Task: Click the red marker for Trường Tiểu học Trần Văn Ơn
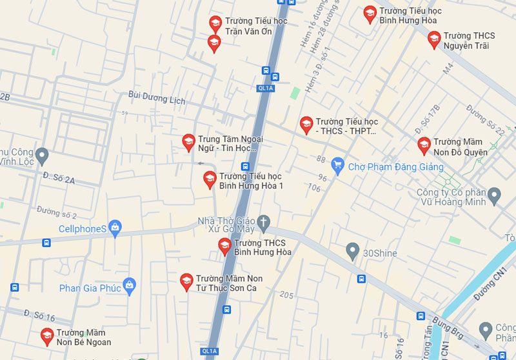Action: tap(215, 24)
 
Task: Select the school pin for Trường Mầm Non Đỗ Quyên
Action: tap(424, 145)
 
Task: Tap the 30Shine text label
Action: tap(380, 253)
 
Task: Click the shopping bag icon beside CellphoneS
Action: tap(115, 227)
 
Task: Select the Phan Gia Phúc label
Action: tap(90, 288)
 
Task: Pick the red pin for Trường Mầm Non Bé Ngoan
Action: tap(47, 335)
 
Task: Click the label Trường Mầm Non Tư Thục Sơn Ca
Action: tap(229, 283)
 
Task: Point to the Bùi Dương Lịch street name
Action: tap(157, 98)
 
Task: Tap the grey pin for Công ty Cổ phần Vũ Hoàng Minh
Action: tap(495, 194)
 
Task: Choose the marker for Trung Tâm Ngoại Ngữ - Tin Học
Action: tap(188, 142)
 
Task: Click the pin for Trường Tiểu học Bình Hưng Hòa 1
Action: tap(210, 179)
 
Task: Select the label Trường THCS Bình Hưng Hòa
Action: tap(263, 247)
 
